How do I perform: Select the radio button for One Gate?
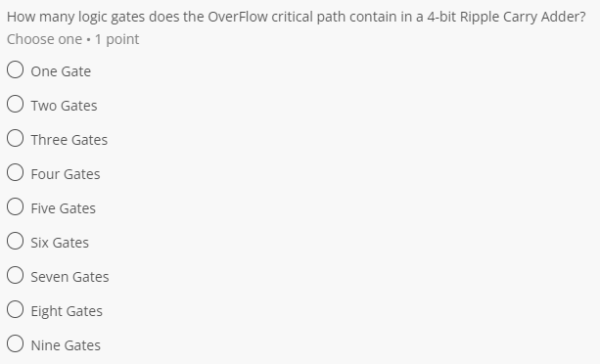tap(16, 70)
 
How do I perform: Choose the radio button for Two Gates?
tap(16, 105)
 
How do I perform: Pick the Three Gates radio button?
tap(16, 139)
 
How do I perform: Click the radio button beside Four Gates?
tap(16, 173)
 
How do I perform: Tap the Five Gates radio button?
tap(16, 207)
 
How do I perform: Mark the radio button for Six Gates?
tap(16, 242)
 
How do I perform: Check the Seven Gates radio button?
tap(16, 276)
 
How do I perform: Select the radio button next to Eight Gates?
tap(16, 310)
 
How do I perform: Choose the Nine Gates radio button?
tap(16, 344)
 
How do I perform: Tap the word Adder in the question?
tap(569, 16)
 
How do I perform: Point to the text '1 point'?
tap(118, 39)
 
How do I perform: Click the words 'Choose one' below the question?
tap(44, 39)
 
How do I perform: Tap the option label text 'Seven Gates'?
tap(69, 277)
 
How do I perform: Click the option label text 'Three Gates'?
tap(69, 140)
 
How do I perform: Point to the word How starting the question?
tap(22, 16)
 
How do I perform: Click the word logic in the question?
tap(97, 16)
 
